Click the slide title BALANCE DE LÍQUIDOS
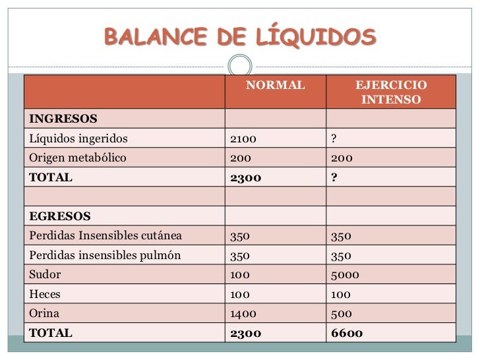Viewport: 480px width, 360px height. [x=240, y=37]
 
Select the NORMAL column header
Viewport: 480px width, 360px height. [x=276, y=86]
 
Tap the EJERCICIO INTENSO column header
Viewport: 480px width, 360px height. [x=391, y=93]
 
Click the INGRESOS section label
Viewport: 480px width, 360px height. [x=62, y=119]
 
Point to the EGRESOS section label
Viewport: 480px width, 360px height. [x=59, y=216]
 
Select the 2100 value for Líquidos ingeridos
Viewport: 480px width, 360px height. [x=242, y=138]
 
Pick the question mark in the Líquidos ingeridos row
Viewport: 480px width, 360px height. [x=334, y=138]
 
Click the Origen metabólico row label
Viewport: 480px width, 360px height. [x=75, y=158]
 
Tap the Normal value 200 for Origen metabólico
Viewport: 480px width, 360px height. [x=239, y=158]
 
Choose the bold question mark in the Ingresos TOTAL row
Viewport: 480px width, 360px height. [x=335, y=177]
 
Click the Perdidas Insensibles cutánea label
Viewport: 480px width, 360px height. [x=104, y=236]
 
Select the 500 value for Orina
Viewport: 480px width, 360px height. [x=340, y=314]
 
